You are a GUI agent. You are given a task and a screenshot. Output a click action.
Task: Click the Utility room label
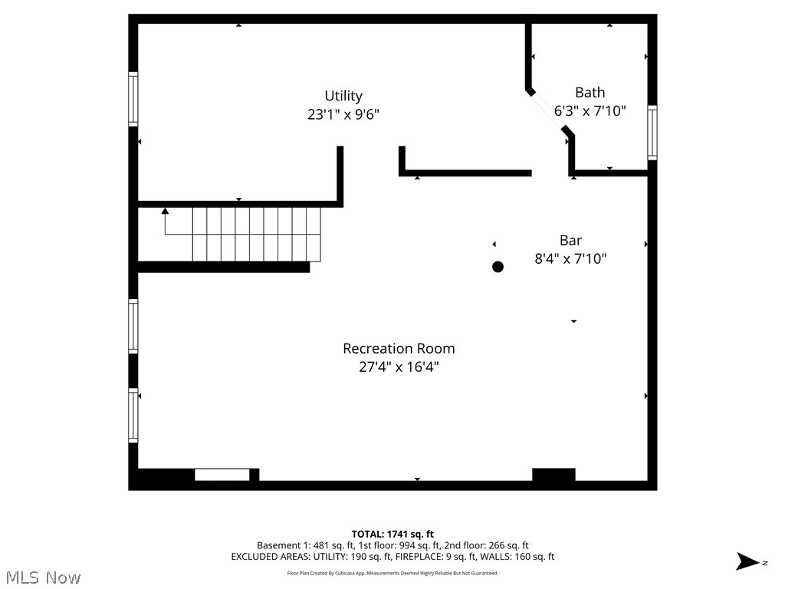(x=343, y=96)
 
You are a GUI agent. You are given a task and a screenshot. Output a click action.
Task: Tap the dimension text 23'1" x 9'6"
(x=343, y=114)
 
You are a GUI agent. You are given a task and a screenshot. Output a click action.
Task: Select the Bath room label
(x=590, y=92)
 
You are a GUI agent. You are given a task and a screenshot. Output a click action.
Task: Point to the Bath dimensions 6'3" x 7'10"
(x=590, y=110)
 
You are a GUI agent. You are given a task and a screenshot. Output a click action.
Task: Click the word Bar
(x=570, y=240)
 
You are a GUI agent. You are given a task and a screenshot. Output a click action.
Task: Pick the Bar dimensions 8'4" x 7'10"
(x=570, y=258)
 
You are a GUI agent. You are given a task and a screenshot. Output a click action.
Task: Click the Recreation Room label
(x=398, y=348)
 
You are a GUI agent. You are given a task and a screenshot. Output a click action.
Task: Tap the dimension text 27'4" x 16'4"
(x=398, y=367)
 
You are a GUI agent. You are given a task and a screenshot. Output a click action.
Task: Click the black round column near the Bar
(x=498, y=267)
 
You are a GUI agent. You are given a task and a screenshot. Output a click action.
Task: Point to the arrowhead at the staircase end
(x=165, y=210)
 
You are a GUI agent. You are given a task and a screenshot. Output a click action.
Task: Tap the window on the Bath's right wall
(x=652, y=132)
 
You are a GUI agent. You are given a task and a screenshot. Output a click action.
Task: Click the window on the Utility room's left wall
(x=133, y=99)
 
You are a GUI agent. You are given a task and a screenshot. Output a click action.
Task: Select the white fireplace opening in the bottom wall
(x=222, y=475)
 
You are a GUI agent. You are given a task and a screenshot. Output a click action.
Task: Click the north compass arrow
(x=747, y=561)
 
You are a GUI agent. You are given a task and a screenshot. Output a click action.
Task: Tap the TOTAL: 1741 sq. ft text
(x=392, y=534)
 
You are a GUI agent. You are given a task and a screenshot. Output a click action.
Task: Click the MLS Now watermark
(x=42, y=577)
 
